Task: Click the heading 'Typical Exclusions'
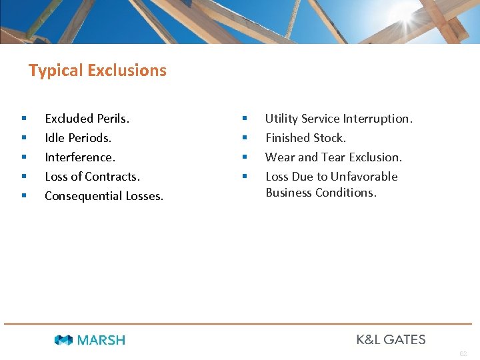pyautogui.click(x=97, y=71)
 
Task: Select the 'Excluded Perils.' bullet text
pyautogui.click(x=87, y=119)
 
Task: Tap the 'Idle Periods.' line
pyautogui.click(x=78, y=138)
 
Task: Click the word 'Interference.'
pyautogui.click(x=80, y=157)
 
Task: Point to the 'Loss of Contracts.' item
pyautogui.click(x=92, y=177)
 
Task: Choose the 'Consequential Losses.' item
pyautogui.click(x=104, y=196)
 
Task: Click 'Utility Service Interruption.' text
pyautogui.click(x=339, y=119)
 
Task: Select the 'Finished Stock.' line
pyautogui.click(x=305, y=138)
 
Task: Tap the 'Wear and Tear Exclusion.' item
pyautogui.click(x=333, y=157)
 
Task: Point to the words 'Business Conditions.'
pyautogui.click(x=321, y=193)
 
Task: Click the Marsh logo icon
pyautogui.click(x=64, y=340)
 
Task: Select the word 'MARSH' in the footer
pyautogui.click(x=101, y=340)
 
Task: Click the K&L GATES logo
pyautogui.click(x=391, y=339)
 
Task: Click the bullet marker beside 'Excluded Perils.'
pyautogui.click(x=24, y=119)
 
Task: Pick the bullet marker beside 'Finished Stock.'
pyautogui.click(x=245, y=138)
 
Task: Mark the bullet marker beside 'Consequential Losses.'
pyautogui.click(x=24, y=196)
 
